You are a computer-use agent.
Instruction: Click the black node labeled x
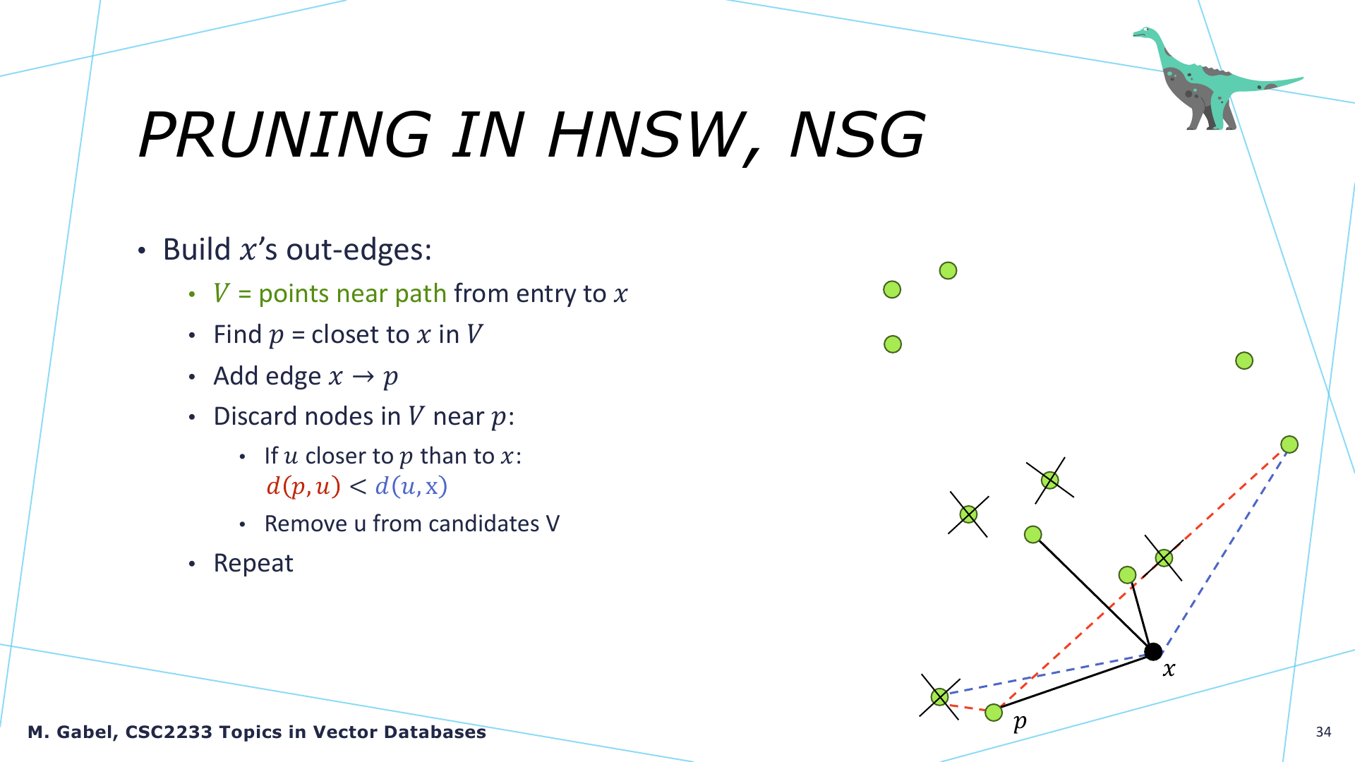pyautogui.click(x=1153, y=651)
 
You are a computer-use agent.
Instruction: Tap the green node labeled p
pyautogui.click(x=994, y=713)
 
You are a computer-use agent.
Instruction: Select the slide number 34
pyautogui.click(x=1323, y=732)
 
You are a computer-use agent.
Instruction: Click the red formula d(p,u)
pyautogui.click(x=303, y=486)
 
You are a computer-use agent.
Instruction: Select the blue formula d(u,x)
pyautogui.click(x=411, y=486)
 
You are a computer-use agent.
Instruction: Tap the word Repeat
pyautogui.click(x=253, y=563)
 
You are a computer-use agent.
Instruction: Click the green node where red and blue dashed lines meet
pyautogui.click(x=1289, y=445)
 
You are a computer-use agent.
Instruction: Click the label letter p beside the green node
pyautogui.click(x=1020, y=722)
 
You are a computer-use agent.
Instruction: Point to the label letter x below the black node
pyautogui.click(x=1169, y=669)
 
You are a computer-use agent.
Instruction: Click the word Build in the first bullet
pyautogui.click(x=197, y=249)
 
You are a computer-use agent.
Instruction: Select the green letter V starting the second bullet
pyautogui.click(x=222, y=293)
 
